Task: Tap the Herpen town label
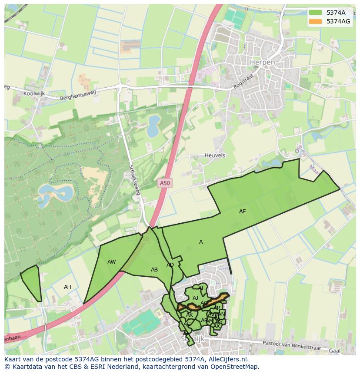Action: [x=263, y=63]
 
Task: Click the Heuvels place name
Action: [x=215, y=155]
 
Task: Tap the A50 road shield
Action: [x=165, y=183]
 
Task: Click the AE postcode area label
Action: [x=242, y=212]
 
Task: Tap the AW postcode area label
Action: [x=112, y=262]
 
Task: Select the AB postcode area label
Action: [x=154, y=270]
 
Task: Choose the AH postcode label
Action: [x=67, y=287]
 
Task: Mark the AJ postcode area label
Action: [x=195, y=298]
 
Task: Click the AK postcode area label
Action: [x=190, y=314]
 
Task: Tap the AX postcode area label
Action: [x=216, y=326]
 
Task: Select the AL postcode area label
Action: [x=201, y=288]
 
